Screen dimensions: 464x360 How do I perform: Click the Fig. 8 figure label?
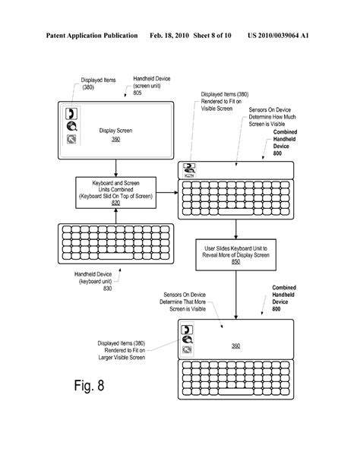79,386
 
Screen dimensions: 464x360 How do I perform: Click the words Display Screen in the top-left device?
115,130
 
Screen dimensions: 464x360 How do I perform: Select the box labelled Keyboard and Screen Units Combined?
115,190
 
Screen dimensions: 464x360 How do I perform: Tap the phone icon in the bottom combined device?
186,330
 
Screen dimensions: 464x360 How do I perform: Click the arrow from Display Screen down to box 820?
115,166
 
